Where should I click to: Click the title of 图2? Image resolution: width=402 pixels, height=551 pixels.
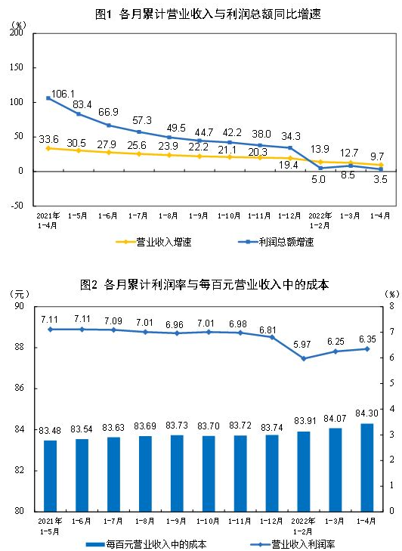203,285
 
